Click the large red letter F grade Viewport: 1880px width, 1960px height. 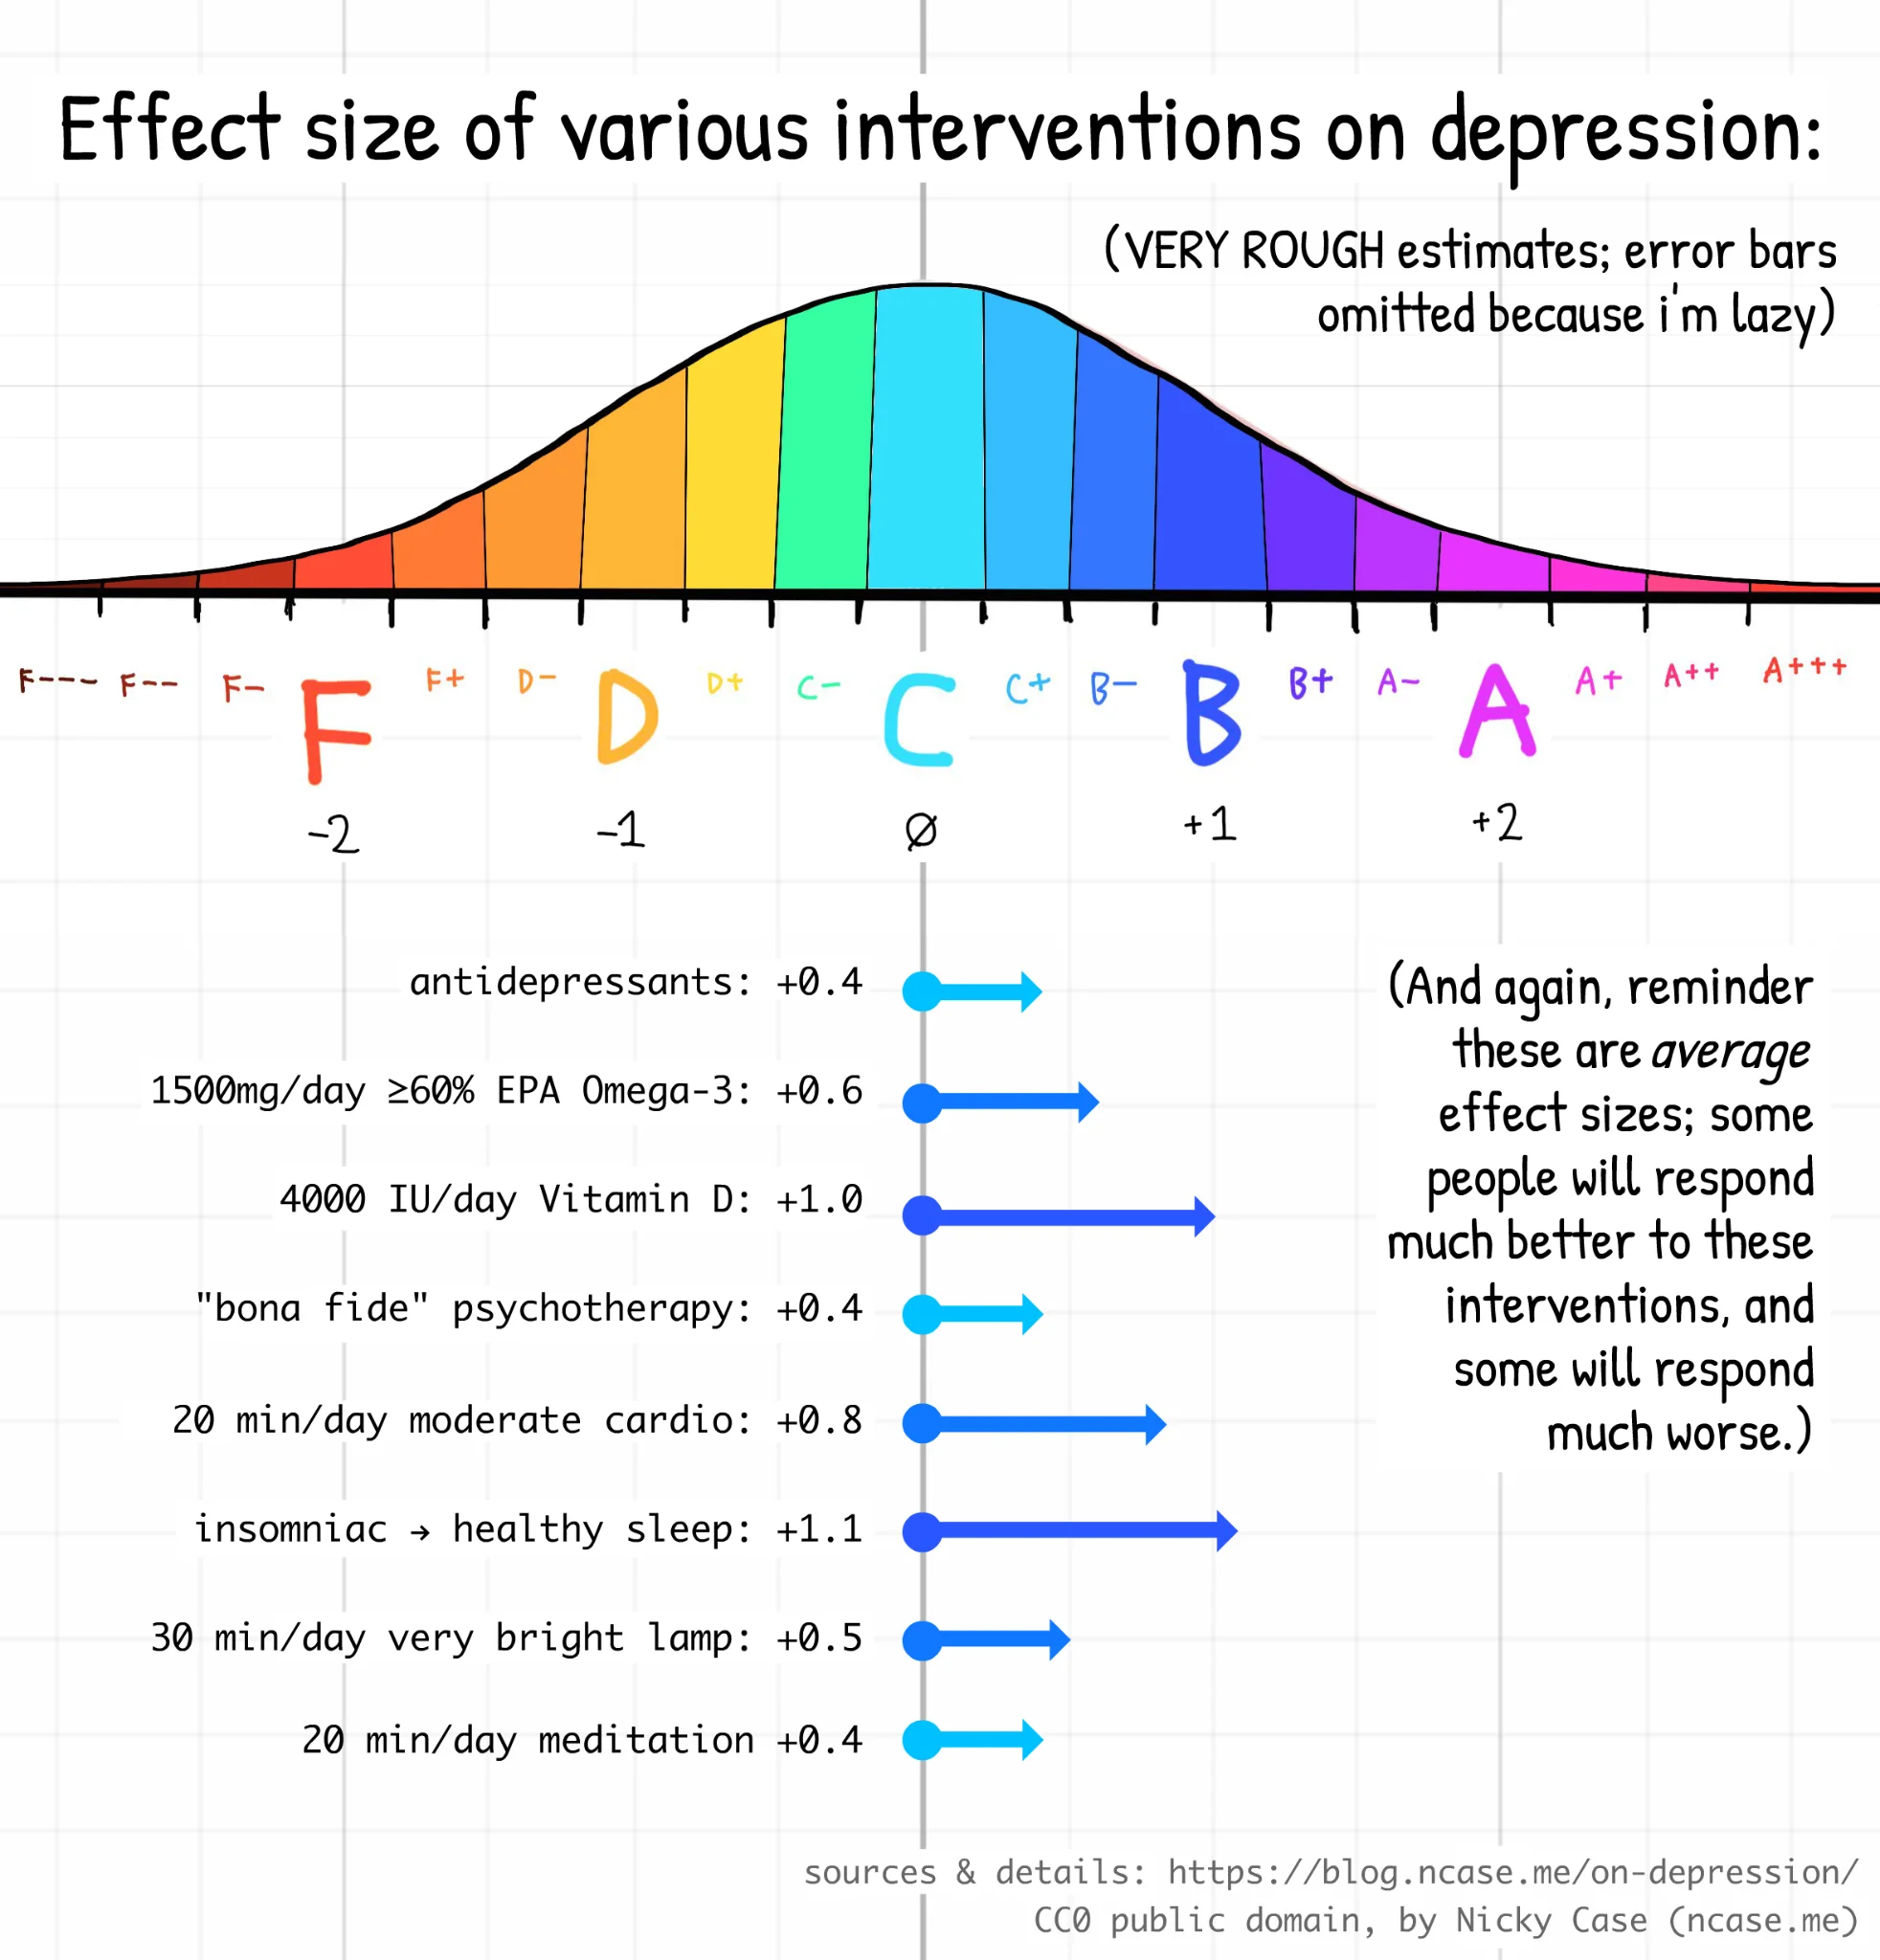click(x=336, y=730)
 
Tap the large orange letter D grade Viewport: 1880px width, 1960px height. click(x=626, y=716)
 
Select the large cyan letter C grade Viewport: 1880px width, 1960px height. click(x=919, y=720)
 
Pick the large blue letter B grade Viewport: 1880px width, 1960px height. click(x=1211, y=713)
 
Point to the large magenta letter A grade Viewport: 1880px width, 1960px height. click(x=1496, y=711)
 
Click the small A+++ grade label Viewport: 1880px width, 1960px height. click(x=1804, y=669)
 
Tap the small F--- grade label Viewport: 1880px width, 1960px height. click(x=58, y=682)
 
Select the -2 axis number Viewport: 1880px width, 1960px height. click(x=334, y=833)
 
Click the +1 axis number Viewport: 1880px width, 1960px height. click(x=1210, y=825)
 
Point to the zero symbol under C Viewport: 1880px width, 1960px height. click(x=921, y=830)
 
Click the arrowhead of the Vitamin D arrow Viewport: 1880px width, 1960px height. click(x=1205, y=1217)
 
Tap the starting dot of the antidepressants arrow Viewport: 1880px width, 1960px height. click(x=922, y=991)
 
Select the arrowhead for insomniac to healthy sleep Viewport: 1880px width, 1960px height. click(x=1227, y=1531)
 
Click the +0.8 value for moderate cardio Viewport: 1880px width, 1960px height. click(x=819, y=1421)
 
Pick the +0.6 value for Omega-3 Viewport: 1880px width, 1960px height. click(x=819, y=1091)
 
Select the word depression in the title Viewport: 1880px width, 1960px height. click(x=1625, y=133)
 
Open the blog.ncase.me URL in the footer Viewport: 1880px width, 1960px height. click(x=1513, y=1872)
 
